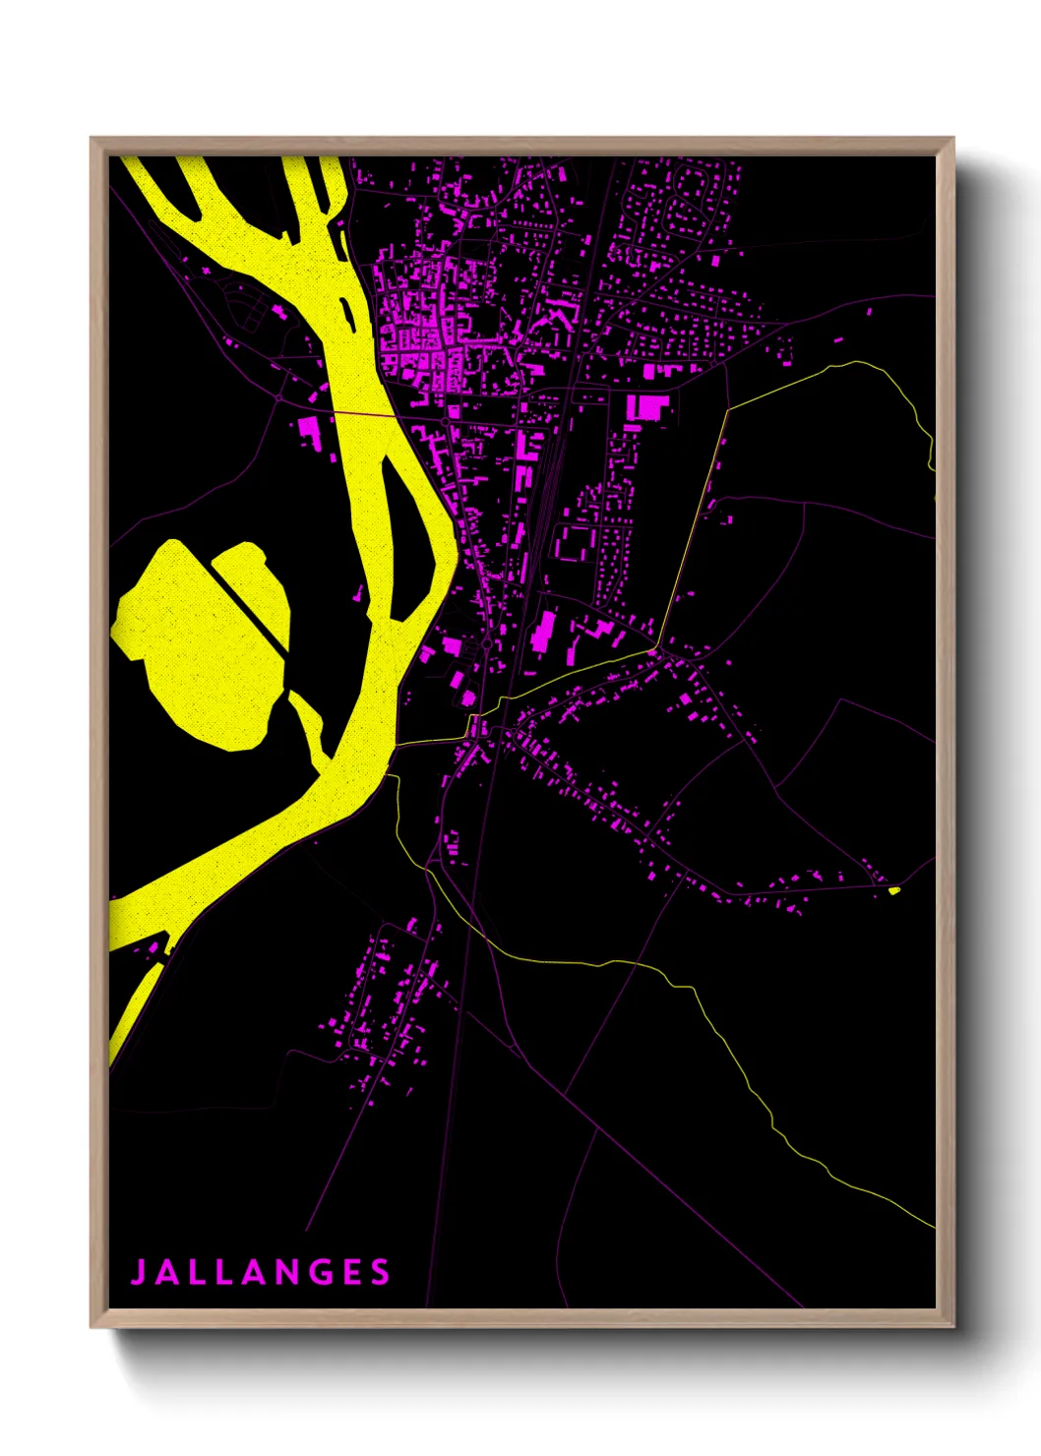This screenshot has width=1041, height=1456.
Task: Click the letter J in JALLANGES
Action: click(139, 1272)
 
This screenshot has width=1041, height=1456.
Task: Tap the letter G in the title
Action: click(319, 1272)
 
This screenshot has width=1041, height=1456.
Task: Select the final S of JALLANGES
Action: click(381, 1272)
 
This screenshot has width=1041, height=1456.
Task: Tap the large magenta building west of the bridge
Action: click(310, 431)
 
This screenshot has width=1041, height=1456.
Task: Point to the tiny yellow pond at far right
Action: click(893, 890)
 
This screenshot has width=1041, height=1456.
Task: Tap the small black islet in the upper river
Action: click(347, 312)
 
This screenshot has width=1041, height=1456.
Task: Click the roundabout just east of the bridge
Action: click(445, 421)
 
